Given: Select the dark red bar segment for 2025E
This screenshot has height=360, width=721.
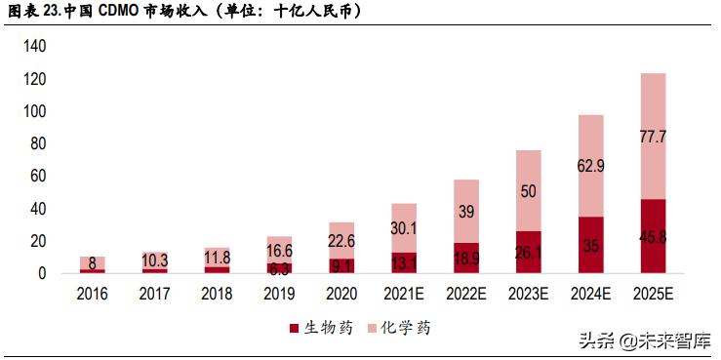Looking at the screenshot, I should tap(653, 237).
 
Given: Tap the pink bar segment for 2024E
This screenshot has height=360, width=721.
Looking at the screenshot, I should tap(590, 166).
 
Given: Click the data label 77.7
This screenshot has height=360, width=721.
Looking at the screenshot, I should tap(653, 137).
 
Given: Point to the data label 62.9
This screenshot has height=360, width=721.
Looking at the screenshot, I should tap(590, 166).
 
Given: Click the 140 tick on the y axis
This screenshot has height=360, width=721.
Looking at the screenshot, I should tap(35, 46).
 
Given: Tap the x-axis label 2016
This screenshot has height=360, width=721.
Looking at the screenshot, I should tap(93, 294).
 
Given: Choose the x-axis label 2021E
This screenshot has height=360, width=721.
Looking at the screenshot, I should tap(404, 294).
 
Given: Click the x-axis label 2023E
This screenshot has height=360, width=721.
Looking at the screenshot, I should tap(528, 294).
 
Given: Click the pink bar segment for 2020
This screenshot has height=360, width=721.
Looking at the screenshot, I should tap(341, 240).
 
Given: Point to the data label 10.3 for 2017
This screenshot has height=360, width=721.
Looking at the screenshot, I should tap(155, 260).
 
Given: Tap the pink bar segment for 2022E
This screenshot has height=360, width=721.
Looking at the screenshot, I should tap(465, 211).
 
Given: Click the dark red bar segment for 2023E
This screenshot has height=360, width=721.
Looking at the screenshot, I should tap(528, 253).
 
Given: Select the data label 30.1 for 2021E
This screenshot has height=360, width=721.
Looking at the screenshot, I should tap(404, 228).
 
